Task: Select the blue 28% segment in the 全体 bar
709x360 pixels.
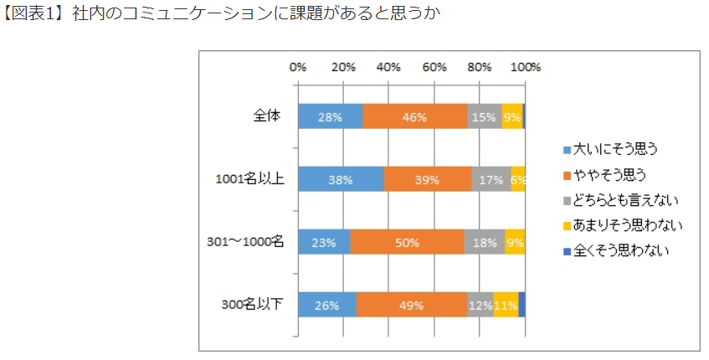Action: coord(330,117)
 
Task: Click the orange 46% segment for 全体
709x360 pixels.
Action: coord(415,117)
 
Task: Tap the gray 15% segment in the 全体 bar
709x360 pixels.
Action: coord(485,117)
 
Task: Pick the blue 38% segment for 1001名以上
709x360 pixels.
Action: coord(341,179)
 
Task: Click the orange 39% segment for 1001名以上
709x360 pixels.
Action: coord(428,179)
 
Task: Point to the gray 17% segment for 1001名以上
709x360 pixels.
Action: coord(491,179)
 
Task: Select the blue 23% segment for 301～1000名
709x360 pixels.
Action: coord(324,242)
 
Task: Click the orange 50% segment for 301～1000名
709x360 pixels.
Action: coord(407,242)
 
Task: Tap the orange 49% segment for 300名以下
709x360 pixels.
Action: coord(412,305)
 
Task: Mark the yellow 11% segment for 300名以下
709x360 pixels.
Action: coord(506,305)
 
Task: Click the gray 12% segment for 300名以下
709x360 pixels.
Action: coord(480,305)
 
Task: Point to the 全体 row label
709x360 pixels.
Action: coord(267,116)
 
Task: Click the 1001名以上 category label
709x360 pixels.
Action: coord(249,179)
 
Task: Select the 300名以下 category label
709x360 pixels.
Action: coord(254,305)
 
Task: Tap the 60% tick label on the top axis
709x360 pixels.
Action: coord(434,67)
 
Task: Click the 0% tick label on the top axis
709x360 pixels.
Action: coord(297,67)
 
